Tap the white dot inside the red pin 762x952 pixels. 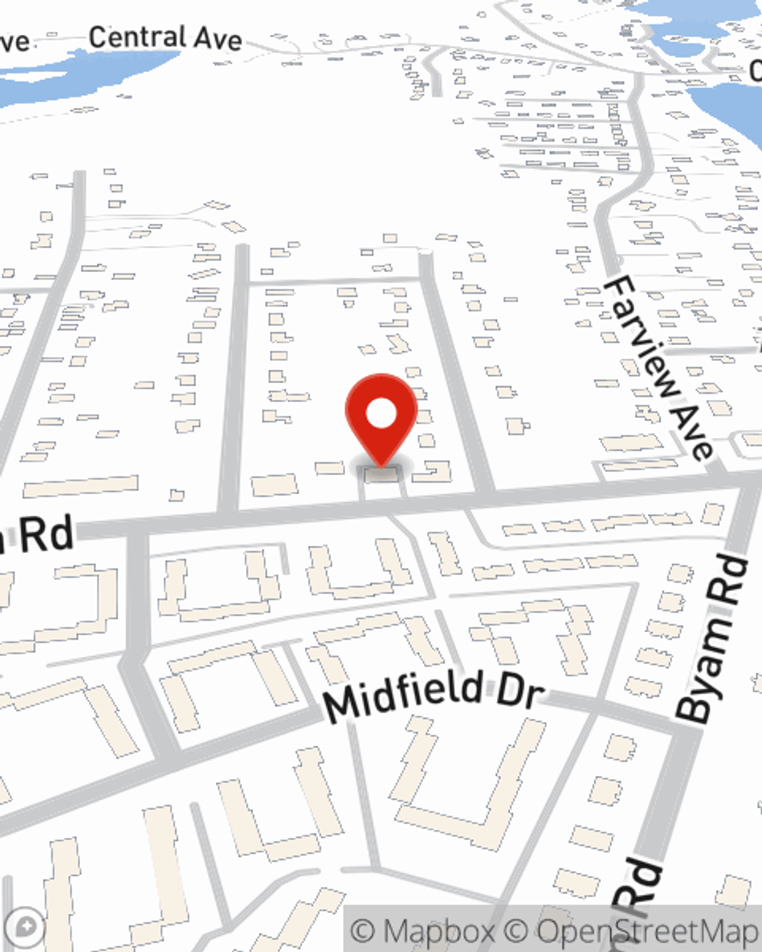pos(381,415)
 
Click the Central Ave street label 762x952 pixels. pos(165,37)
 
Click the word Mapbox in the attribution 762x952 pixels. pos(437,931)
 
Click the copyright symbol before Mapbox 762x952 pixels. pos(364,931)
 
